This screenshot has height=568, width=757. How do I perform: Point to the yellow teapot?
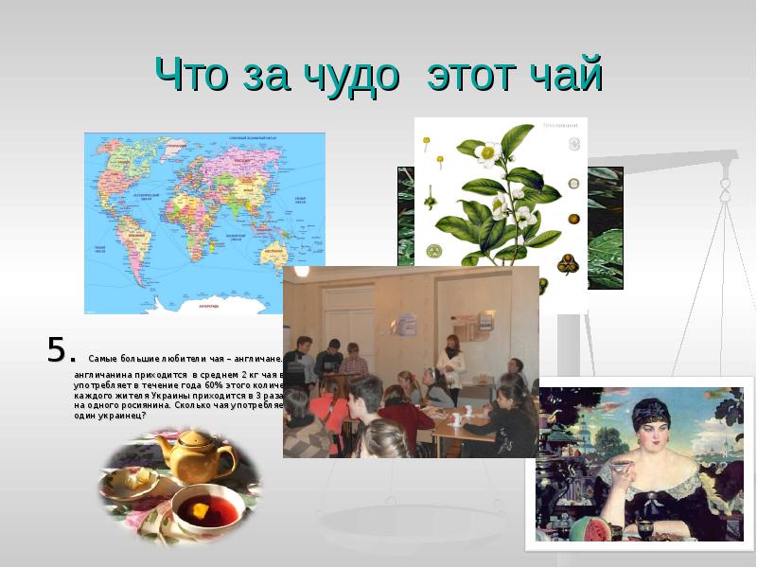[197, 453]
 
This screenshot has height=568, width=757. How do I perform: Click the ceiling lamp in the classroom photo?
[301, 271]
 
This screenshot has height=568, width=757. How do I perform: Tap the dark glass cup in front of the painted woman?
[645, 526]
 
